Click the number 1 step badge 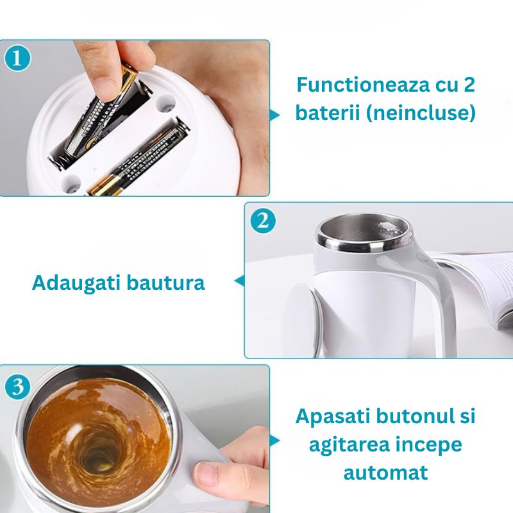tap(18, 58)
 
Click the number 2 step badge tap(262, 221)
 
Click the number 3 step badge tap(18, 387)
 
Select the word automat tap(385, 473)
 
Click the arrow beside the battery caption tap(275, 115)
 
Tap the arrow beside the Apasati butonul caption tap(275, 441)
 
